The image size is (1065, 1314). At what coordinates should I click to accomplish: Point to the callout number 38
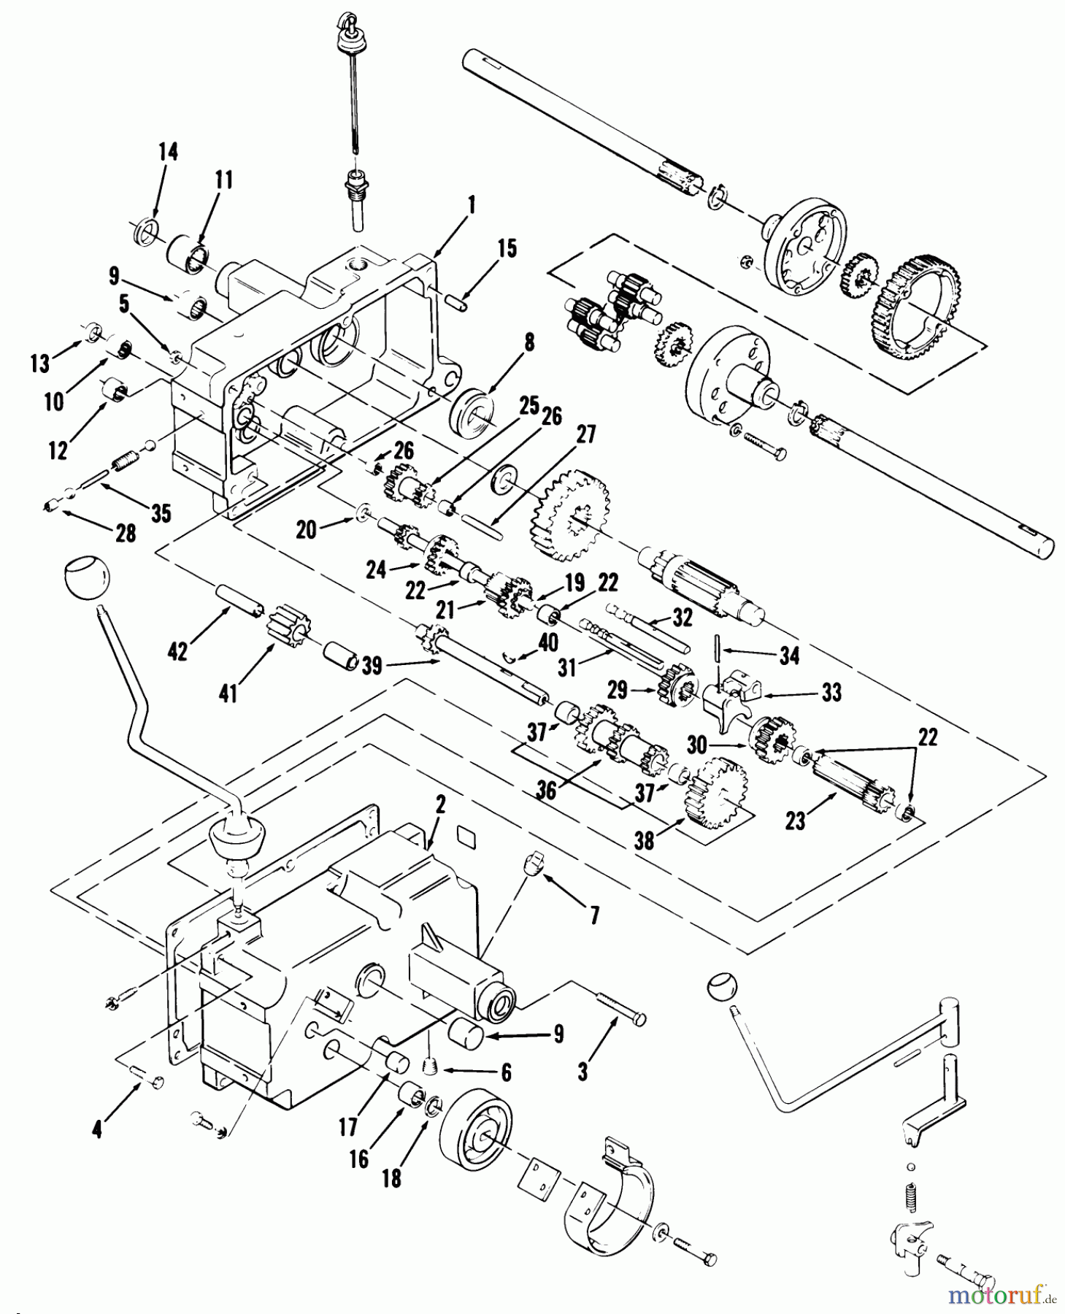(645, 841)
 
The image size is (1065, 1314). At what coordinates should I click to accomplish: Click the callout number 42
(177, 651)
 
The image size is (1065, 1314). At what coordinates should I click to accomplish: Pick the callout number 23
(795, 821)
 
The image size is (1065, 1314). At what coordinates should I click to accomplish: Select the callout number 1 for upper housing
(472, 207)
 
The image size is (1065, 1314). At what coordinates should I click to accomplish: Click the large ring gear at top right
(917, 299)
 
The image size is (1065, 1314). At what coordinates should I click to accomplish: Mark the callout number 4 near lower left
(98, 1130)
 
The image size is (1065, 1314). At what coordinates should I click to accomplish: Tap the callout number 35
(161, 513)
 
